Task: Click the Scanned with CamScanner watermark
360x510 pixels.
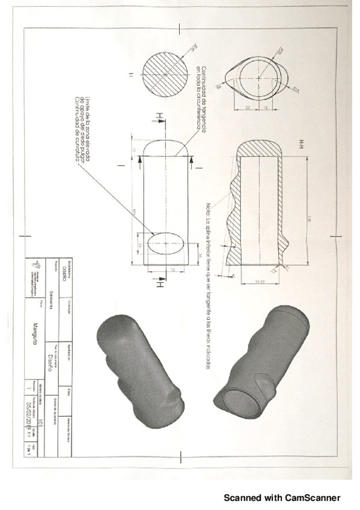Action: coord(282,497)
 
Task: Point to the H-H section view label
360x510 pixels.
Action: coord(298,143)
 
